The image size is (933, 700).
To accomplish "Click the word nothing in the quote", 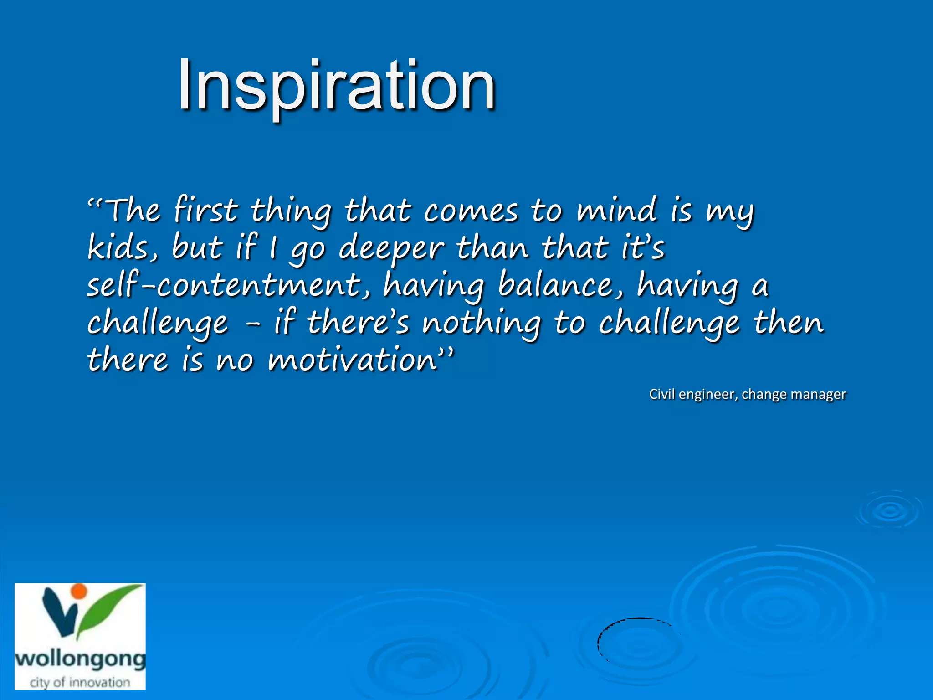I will pos(481,323).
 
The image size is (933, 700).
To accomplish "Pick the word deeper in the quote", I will pos(391,249).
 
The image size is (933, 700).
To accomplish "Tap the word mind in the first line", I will pos(617,210).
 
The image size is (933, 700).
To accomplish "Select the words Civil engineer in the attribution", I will pos(692,394).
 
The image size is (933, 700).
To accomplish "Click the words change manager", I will pos(794,394).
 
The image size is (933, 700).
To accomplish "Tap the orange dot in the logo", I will pos(79,591).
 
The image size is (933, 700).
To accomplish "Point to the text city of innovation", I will pos(80,682).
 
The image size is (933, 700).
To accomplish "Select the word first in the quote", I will pos(205,210).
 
